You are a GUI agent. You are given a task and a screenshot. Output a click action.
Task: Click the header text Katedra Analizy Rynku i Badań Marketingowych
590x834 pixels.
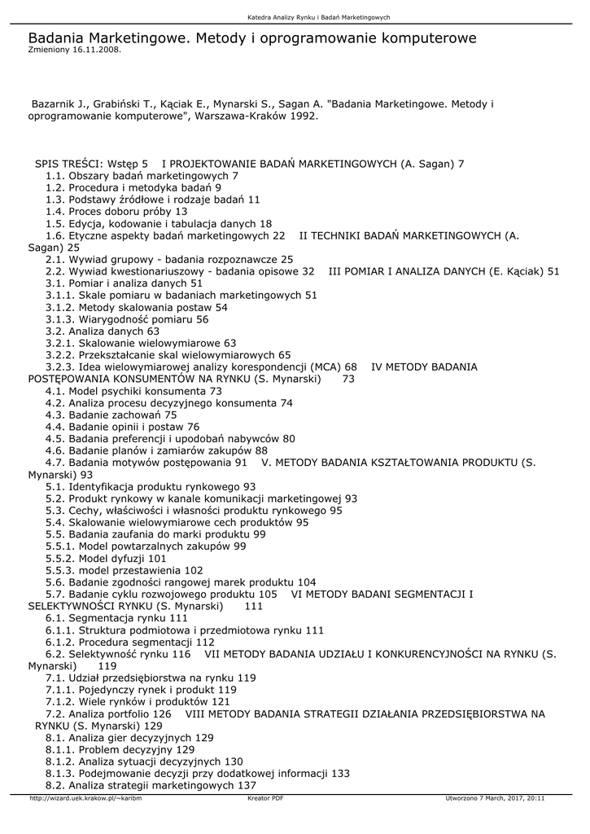coord(319,18)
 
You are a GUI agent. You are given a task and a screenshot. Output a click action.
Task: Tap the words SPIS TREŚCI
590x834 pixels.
coord(68,164)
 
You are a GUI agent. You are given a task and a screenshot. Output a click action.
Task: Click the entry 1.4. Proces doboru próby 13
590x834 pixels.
coord(116,211)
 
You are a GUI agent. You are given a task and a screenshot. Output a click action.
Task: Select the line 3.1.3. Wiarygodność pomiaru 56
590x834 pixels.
coord(127,319)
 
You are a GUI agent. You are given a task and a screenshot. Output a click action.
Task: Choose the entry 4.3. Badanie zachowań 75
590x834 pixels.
coord(111,415)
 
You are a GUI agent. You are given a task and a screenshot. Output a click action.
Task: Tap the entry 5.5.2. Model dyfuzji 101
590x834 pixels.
coord(106,559)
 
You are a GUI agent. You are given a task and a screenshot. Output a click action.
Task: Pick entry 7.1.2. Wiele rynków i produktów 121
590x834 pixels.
coord(138,701)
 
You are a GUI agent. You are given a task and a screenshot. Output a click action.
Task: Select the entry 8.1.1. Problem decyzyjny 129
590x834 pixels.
coord(120,749)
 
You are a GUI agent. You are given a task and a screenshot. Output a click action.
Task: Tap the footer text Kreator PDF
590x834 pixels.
coord(265,798)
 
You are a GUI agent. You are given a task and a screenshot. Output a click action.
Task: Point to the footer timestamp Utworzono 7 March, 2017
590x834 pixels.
coord(496,798)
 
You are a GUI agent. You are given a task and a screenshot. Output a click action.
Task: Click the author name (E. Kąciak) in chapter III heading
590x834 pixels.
coord(518,271)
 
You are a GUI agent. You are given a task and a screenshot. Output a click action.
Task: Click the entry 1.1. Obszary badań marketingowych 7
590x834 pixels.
coord(142,175)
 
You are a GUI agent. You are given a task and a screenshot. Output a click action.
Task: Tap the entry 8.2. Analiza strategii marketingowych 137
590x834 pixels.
coord(151,785)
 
